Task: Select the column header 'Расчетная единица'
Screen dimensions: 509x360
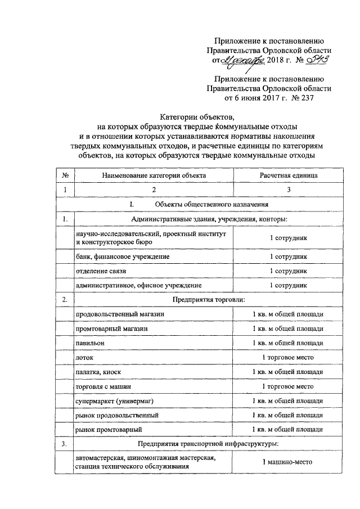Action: [288, 175]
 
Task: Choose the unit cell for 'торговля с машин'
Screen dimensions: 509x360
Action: [288, 386]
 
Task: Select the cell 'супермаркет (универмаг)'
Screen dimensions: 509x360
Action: [114, 400]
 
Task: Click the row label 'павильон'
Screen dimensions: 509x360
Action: [90, 343]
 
